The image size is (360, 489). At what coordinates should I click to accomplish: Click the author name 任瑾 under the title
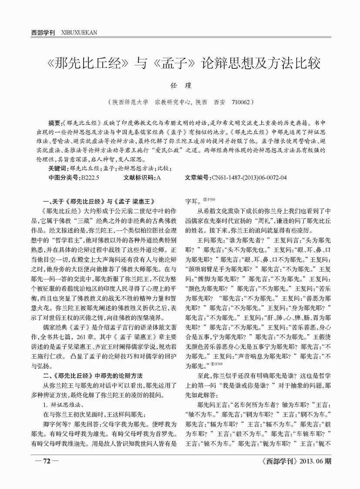[180, 88]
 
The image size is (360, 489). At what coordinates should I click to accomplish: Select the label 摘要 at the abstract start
[55, 122]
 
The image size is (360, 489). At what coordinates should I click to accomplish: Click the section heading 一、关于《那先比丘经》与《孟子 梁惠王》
[99, 201]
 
